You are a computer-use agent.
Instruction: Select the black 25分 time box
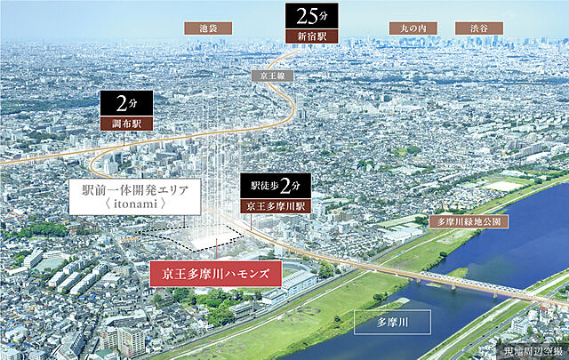pyautogui.click(x=305, y=16)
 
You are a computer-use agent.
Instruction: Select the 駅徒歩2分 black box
pyautogui.click(x=276, y=187)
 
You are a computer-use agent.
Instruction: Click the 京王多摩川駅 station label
pyautogui.click(x=276, y=207)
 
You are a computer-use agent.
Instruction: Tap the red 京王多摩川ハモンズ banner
pyautogui.click(x=214, y=273)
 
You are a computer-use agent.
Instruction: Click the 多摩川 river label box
pyautogui.click(x=392, y=321)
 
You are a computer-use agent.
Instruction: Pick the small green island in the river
pyautogui.click(x=457, y=272)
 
